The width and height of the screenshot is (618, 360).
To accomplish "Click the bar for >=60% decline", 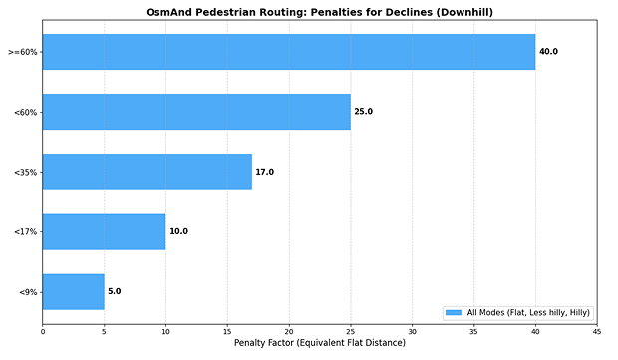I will point(288,52).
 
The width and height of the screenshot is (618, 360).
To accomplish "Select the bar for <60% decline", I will point(196,112).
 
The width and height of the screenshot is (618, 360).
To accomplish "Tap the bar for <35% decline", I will point(147,172).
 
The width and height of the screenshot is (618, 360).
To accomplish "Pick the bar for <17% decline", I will point(104,231).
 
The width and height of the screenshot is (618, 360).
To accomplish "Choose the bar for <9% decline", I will point(73,291).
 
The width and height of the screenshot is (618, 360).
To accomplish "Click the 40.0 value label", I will point(548,52).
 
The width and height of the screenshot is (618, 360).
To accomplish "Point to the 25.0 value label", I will point(363,112).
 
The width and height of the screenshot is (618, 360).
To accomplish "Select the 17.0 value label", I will point(264,172).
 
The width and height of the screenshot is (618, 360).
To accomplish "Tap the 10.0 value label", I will point(178,231).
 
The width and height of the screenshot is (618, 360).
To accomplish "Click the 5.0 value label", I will point(114,291).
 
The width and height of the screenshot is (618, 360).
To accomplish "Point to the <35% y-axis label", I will point(27,172).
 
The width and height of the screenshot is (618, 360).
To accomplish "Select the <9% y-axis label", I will point(29,291).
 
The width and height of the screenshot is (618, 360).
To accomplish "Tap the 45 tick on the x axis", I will point(596,331).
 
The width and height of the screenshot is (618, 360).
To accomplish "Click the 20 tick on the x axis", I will point(288,331).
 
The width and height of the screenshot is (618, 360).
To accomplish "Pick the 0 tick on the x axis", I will point(42,331).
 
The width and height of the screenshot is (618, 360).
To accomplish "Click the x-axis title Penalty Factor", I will point(319,343).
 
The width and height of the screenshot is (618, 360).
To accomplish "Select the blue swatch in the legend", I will point(454,312).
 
